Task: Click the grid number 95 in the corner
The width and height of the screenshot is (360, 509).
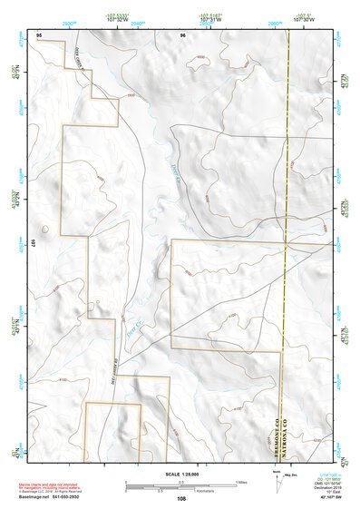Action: point(38,33)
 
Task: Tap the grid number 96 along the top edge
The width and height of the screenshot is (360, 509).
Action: point(183,33)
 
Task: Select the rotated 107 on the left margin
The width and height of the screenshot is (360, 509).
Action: point(32,244)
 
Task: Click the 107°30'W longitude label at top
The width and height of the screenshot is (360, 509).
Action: point(306,20)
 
